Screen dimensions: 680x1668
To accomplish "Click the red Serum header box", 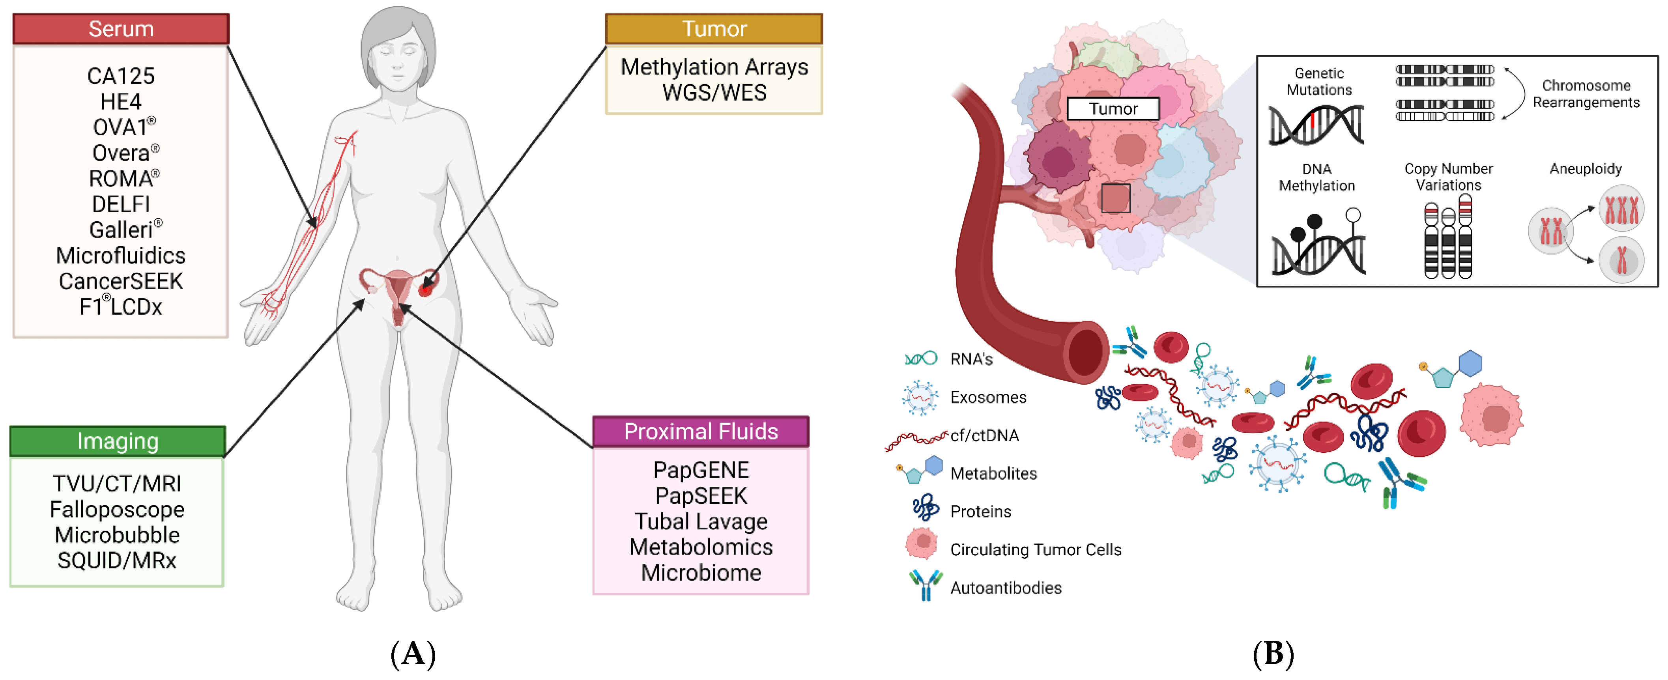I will [121, 29].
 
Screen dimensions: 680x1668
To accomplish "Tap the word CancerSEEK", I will [121, 281].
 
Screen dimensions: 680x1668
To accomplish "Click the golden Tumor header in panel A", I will [714, 29].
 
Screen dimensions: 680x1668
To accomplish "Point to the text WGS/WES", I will [714, 93].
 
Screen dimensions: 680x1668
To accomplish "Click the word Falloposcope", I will [117, 510].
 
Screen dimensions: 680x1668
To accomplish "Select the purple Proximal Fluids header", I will [701, 432].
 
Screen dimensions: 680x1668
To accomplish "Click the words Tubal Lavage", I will [701, 521].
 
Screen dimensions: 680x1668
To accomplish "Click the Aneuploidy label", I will [1585, 169].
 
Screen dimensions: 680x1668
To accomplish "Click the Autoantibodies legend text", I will [1006, 588].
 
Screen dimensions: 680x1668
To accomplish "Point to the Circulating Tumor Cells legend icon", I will [922, 544].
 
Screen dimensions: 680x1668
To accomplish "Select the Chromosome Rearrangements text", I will [1586, 94].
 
